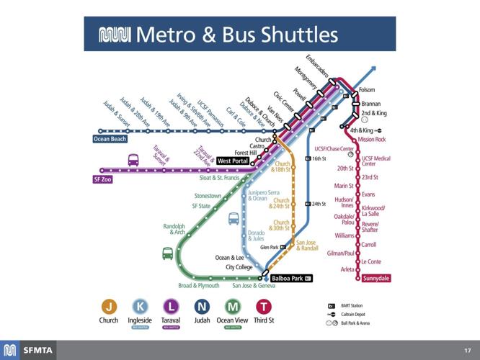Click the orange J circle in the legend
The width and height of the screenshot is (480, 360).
click(x=109, y=307)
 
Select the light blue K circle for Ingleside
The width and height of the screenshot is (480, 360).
click(x=140, y=307)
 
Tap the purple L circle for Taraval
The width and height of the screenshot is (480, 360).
click(x=171, y=307)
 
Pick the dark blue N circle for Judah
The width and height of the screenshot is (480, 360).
click(x=202, y=307)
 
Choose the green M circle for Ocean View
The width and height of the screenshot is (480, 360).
click(x=233, y=307)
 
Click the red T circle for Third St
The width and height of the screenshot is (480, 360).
click(x=264, y=307)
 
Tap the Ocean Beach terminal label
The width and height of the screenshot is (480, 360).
click(x=110, y=139)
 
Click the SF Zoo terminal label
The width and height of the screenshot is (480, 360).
click(x=102, y=179)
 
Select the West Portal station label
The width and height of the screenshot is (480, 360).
click(x=233, y=161)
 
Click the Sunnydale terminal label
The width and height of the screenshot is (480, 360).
click(x=375, y=276)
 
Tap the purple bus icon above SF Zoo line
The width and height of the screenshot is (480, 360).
click(x=133, y=160)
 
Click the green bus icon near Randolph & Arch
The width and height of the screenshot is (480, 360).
click(x=167, y=253)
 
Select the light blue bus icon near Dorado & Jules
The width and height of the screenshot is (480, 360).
click(x=234, y=219)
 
